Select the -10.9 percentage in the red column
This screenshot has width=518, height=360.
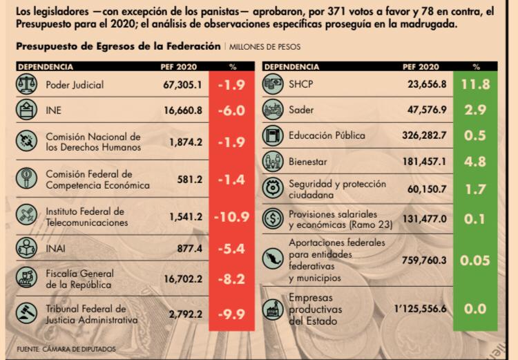[231, 217]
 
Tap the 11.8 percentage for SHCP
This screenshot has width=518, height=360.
[476, 84]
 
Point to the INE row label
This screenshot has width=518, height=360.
[55, 110]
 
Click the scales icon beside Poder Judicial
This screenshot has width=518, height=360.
[26, 84]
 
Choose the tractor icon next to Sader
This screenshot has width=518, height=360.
[274, 110]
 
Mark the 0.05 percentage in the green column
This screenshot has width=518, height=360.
[476, 260]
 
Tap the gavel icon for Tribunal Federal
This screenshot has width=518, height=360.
[26, 314]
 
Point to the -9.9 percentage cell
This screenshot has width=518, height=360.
[231, 314]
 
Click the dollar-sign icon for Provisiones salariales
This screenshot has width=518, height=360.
[274, 219]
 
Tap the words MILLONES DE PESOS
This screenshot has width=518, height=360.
[265, 46]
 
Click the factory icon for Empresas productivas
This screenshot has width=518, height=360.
[274, 309]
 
